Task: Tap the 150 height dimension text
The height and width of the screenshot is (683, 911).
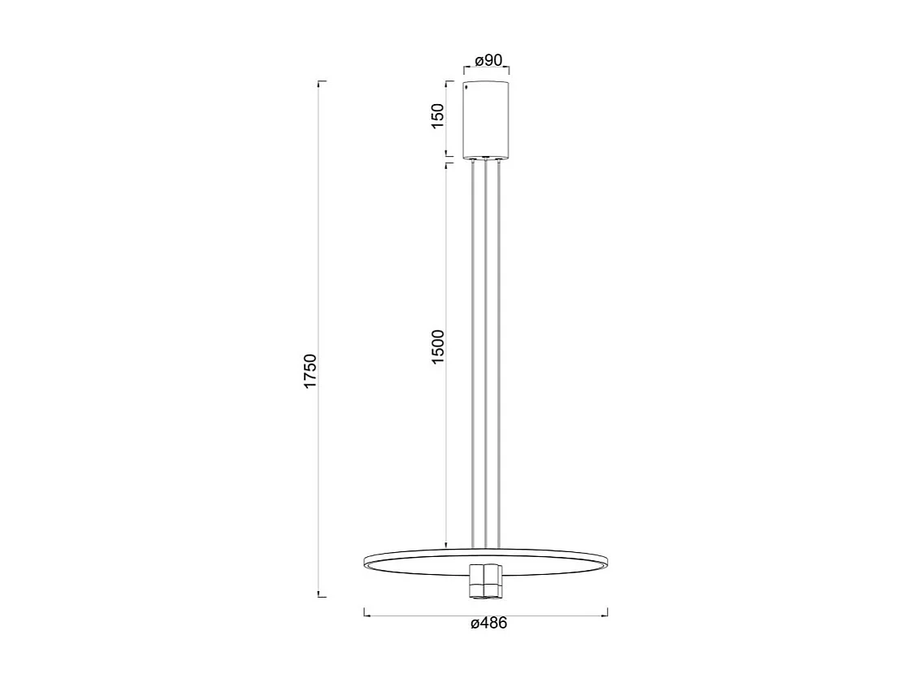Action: click(438, 116)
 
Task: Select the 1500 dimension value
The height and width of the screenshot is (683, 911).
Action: click(438, 347)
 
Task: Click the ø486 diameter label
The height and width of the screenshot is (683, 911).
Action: click(488, 624)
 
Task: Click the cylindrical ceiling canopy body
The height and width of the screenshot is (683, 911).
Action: click(485, 119)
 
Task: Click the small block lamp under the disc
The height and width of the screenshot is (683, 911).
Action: click(485, 580)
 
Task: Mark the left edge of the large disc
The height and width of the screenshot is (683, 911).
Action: click(366, 560)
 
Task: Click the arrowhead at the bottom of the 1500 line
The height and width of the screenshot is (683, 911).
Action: click(446, 544)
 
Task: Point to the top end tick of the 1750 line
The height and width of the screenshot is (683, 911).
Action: click(320, 82)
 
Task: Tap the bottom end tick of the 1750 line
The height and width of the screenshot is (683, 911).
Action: click(320, 597)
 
